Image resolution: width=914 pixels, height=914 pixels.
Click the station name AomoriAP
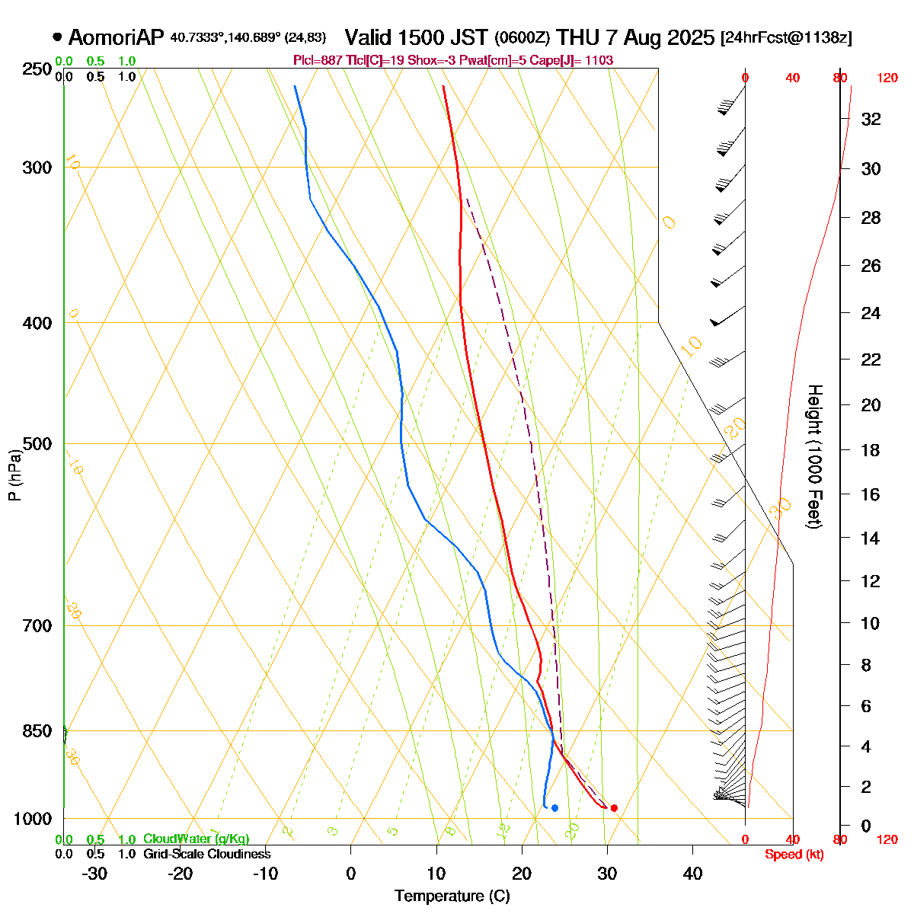116,37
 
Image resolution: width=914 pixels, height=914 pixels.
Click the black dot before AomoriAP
57,37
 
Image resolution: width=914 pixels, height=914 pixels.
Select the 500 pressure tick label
37,443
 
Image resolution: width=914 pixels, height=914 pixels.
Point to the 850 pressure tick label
37,731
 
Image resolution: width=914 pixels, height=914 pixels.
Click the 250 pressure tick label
37,69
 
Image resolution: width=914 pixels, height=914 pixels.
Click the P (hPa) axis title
14,475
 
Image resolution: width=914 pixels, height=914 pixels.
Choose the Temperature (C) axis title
452,896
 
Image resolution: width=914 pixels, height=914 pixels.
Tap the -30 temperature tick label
94,873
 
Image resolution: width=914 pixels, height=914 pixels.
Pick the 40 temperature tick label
692,873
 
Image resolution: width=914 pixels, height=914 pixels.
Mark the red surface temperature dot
614,808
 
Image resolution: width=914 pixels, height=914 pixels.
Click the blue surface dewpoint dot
554,808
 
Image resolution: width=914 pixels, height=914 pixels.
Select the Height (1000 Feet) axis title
814,457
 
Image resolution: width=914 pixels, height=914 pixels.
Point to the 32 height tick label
871,119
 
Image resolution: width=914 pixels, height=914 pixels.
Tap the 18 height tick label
871,450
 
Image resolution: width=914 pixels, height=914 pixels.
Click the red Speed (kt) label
794,855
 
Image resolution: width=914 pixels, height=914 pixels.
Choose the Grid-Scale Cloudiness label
206,854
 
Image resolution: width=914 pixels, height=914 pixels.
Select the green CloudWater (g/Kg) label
196,839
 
